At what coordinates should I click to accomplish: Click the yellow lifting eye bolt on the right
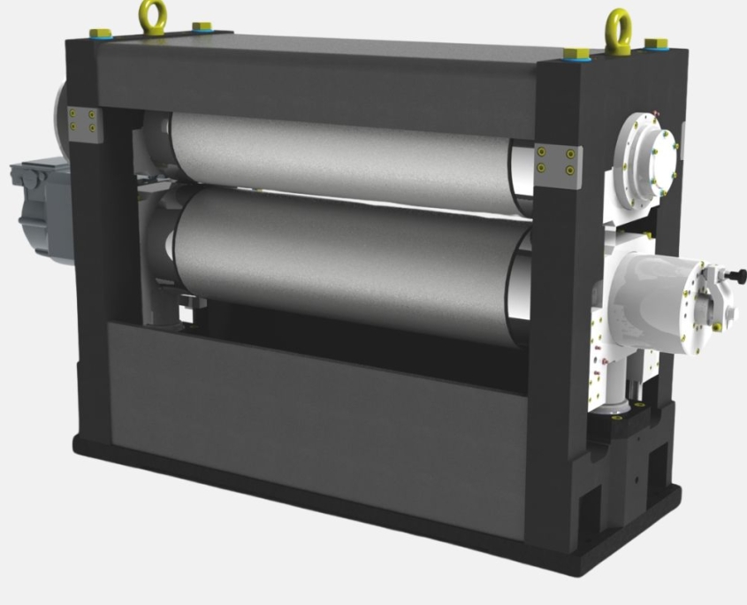617,31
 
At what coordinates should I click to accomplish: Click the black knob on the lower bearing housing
736,277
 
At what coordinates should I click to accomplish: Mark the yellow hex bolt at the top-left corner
100,33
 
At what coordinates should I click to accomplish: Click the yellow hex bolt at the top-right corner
655,43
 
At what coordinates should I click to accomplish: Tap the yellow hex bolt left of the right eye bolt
575,52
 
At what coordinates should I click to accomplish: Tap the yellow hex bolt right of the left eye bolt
202,27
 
